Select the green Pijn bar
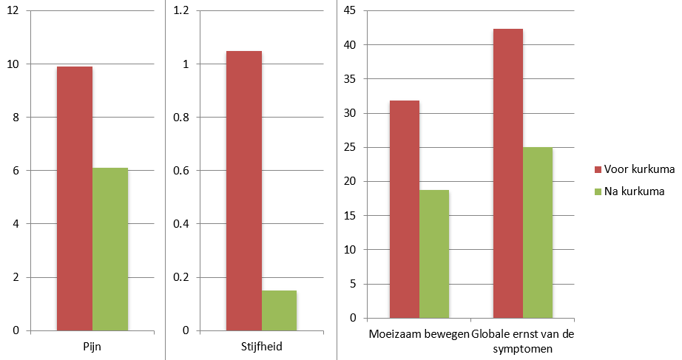[x=110, y=249]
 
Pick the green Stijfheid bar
[x=279, y=310]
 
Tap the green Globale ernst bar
[x=538, y=232]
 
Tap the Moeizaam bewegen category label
[x=419, y=334]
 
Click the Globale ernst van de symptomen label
[x=523, y=340]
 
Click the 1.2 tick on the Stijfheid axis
[x=182, y=11]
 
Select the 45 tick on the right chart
[x=350, y=11]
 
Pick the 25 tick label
[x=350, y=148]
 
